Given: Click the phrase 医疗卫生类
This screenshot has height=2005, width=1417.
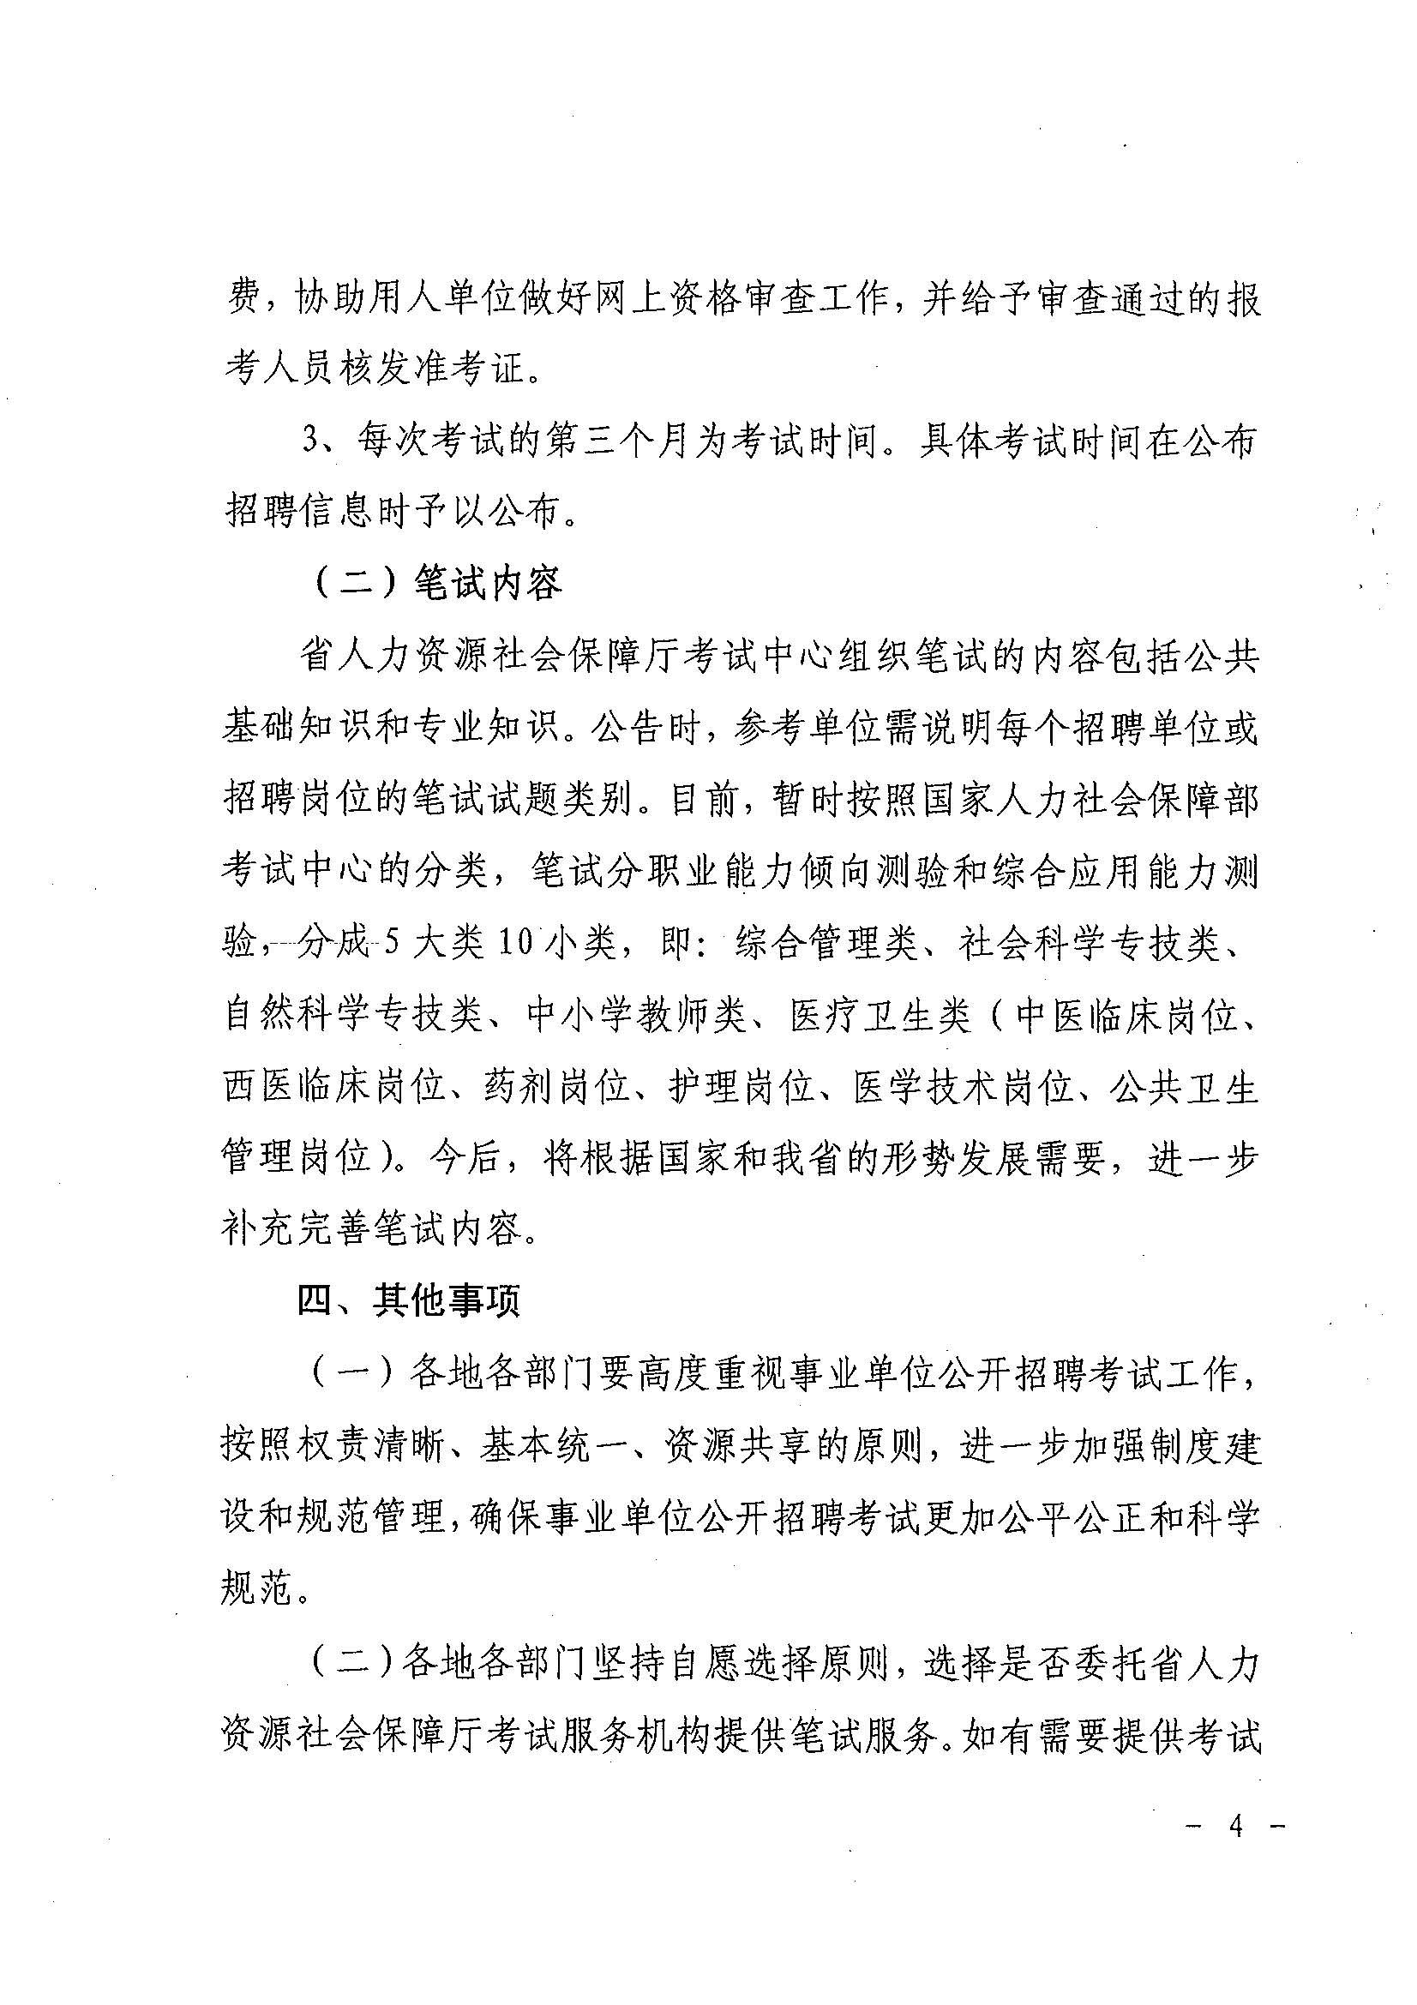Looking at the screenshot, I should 880,1016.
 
